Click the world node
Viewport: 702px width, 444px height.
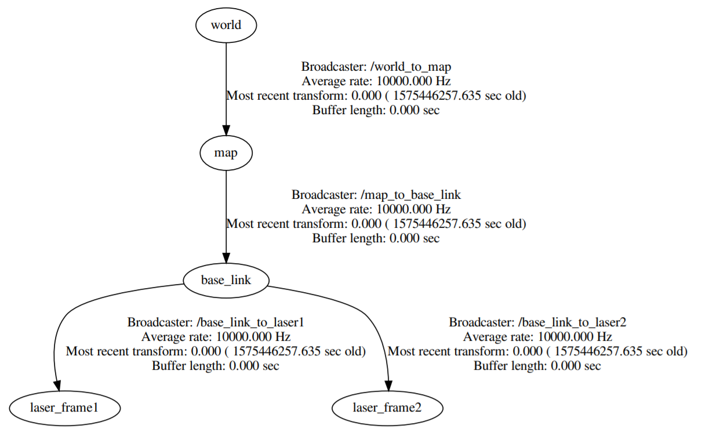tap(226, 26)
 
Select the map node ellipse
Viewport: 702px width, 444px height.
tap(226, 153)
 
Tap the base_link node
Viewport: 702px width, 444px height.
tap(226, 281)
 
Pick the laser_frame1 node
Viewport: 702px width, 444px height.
tap(64, 408)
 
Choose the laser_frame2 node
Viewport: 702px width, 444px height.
tap(387, 408)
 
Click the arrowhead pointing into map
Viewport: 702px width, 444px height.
tap(226, 130)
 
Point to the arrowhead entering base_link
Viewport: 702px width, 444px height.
tap(226, 258)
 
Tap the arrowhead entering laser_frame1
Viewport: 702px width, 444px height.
tap(57, 385)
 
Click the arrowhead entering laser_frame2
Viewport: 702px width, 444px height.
tap(388, 385)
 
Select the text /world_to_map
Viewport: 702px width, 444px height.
tap(410, 67)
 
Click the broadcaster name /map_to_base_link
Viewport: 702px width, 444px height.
tap(410, 195)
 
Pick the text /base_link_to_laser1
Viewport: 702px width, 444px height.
tap(250, 322)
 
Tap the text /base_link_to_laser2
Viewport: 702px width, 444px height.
tap(572, 322)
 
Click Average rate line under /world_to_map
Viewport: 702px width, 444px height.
tap(376, 81)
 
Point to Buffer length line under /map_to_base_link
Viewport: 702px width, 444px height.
tap(376, 238)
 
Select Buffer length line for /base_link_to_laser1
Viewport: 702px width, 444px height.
tap(216, 366)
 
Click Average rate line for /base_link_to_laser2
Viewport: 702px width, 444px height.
tap(537, 337)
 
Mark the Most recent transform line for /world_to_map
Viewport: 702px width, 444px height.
tap(376, 96)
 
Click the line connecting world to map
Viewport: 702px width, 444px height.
tap(226, 84)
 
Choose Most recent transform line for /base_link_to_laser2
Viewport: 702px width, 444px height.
tap(537, 351)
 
